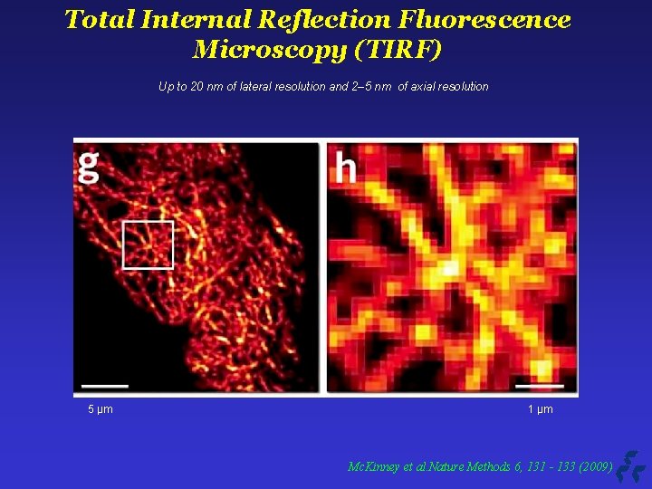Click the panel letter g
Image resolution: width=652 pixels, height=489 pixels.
[89, 167]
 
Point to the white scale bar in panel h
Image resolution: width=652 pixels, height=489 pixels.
[546, 386]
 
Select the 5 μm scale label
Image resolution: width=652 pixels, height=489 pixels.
[101, 410]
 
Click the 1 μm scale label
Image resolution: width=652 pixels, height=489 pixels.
[541, 410]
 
